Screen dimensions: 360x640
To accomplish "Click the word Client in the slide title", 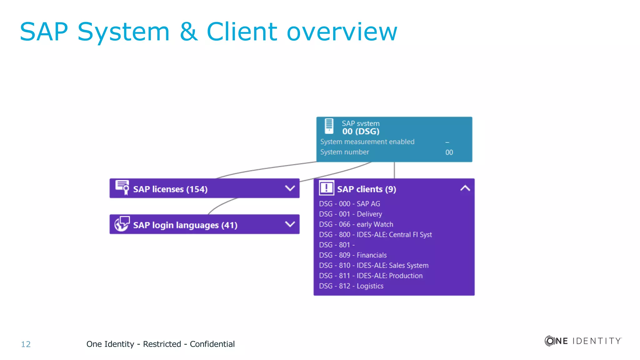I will tap(242, 32).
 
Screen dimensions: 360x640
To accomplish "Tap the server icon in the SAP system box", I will tap(329, 126).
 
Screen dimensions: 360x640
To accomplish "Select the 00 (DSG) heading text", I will tap(361, 132).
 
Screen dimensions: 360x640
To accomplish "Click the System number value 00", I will tap(449, 152).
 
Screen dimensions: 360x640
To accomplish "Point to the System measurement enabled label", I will tap(367, 142).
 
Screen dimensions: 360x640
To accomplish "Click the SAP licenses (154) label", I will tap(170, 189).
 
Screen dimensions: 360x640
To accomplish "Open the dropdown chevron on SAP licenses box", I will tap(290, 188).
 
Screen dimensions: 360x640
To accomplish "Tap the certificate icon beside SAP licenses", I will tap(122, 187).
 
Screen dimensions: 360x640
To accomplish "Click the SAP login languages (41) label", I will tap(185, 225).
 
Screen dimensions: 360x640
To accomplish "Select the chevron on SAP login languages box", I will tap(290, 224).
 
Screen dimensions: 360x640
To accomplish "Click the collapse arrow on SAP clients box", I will tap(465, 188).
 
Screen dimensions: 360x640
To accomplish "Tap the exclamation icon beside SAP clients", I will tap(326, 188).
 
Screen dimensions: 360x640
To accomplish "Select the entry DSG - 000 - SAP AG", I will tap(349, 204).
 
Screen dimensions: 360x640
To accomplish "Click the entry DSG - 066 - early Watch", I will tap(356, 224).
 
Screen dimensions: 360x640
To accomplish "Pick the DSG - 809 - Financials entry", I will tap(353, 255).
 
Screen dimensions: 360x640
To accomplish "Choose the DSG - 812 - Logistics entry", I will tap(351, 286).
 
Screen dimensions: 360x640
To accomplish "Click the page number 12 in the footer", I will tap(26, 344).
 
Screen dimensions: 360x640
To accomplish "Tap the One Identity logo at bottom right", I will tap(583, 341).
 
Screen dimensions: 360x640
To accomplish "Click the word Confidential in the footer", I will tap(212, 344).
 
